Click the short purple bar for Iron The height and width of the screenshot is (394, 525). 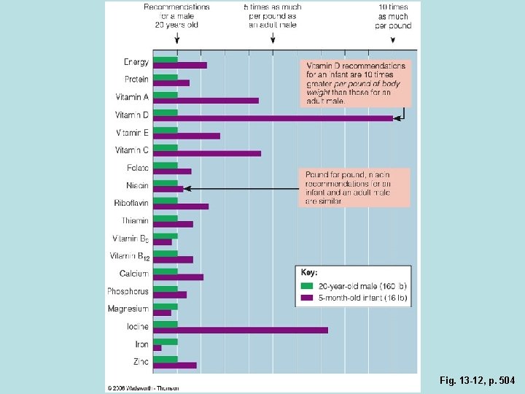point(157,348)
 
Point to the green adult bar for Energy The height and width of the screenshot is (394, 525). point(166,59)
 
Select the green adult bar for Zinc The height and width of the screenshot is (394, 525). point(166,359)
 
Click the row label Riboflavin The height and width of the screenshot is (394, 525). point(131,203)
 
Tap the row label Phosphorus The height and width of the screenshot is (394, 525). point(128,291)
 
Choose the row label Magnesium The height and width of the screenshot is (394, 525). point(128,309)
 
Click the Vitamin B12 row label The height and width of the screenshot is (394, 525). point(130,256)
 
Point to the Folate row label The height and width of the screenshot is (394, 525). point(136,168)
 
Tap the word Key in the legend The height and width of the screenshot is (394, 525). point(309,272)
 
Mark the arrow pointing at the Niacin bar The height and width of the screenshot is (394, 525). point(188,188)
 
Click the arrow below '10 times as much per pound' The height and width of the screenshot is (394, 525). point(393,41)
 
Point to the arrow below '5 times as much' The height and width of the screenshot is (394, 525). point(273,41)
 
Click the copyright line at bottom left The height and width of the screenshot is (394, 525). point(143,387)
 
